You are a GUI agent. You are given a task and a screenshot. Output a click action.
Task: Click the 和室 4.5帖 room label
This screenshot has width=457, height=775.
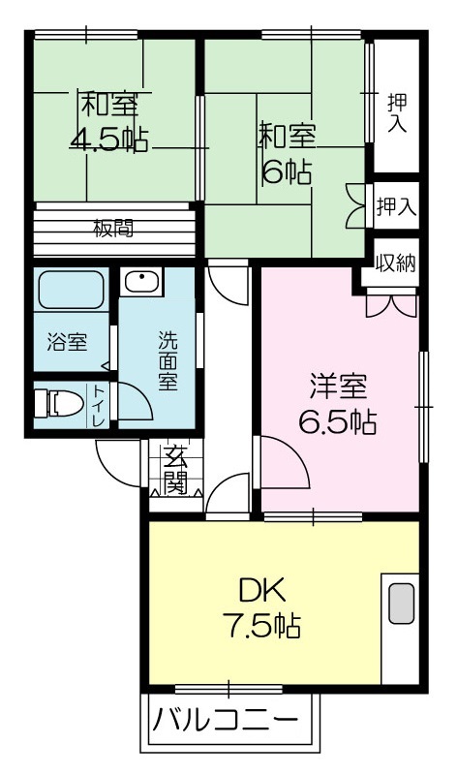(108, 121)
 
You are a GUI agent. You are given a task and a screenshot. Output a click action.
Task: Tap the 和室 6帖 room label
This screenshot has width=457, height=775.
(287, 154)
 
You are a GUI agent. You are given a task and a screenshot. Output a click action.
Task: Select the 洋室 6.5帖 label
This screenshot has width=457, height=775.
(339, 404)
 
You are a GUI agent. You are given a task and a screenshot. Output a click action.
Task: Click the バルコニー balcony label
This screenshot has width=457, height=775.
(226, 720)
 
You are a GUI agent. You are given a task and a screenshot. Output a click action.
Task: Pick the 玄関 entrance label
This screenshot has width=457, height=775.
(176, 470)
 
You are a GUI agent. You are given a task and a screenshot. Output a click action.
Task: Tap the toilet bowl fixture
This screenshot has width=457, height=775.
(59, 404)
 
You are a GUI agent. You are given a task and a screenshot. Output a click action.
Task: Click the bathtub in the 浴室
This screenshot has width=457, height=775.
(71, 290)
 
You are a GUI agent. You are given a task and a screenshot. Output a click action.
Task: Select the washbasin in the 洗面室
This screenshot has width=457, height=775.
(141, 282)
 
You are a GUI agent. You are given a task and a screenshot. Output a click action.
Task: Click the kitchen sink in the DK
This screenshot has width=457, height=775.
(401, 604)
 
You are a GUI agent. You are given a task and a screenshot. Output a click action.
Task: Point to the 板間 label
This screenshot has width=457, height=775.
(113, 229)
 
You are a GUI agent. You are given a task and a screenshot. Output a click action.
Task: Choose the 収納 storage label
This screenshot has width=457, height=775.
(396, 263)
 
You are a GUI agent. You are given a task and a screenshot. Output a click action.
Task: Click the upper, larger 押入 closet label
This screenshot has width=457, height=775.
(397, 113)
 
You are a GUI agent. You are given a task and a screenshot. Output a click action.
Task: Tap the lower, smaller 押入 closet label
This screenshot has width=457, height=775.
(397, 206)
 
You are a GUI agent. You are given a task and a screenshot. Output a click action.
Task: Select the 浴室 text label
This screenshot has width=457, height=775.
(67, 342)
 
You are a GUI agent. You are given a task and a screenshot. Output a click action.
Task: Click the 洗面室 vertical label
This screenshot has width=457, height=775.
(168, 360)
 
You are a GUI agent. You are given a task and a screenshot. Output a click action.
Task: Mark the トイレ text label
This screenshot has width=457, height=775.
(99, 406)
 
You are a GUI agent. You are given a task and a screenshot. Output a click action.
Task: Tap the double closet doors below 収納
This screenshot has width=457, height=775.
(391, 306)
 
